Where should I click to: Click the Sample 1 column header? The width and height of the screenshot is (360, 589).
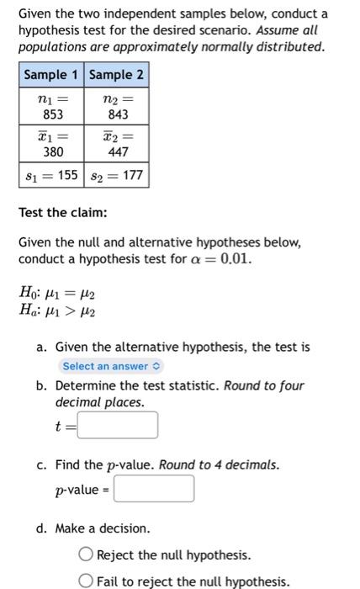(x=50, y=75)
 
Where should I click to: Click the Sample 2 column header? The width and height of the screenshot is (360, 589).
(x=116, y=75)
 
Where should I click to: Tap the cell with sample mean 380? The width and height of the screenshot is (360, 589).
(x=50, y=145)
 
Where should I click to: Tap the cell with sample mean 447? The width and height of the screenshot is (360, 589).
(x=116, y=145)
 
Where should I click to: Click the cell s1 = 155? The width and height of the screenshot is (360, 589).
(x=50, y=176)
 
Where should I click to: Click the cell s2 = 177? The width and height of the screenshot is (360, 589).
(x=116, y=176)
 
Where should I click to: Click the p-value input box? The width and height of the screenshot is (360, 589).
(x=154, y=489)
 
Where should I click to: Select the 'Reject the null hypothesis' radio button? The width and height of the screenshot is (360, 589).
(x=86, y=555)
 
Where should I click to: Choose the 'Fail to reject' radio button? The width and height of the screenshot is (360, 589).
(x=86, y=581)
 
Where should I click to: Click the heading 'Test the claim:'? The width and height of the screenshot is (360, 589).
(x=63, y=213)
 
